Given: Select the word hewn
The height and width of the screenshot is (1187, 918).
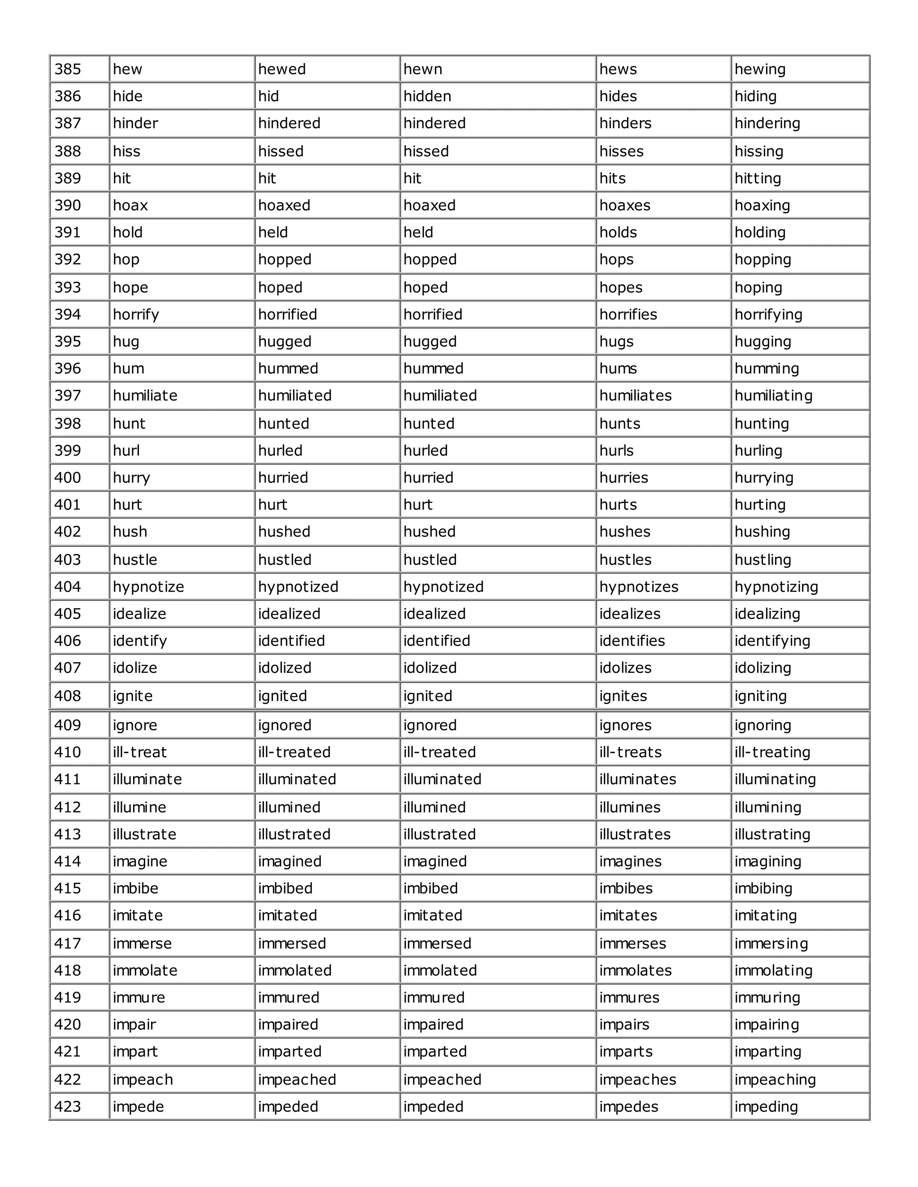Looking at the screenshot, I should [423, 69].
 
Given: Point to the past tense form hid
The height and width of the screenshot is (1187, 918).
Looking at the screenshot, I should [268, 97].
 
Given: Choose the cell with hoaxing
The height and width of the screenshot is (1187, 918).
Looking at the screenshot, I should [762, 206].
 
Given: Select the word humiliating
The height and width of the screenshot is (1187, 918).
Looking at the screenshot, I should [773, 396].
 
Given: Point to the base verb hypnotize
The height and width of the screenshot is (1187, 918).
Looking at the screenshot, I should [148, 587].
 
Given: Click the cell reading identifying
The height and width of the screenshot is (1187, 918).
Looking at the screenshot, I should [772, 641].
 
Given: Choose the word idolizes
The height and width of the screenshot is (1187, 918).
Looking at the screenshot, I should [625, 668].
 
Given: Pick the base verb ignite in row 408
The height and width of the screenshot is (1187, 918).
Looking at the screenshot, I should [133, 696].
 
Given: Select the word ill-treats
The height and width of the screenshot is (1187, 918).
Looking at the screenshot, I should [630, 752].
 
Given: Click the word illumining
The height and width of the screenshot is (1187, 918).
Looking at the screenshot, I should [768, 808].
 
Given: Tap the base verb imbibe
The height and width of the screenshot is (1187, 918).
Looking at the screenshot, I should [135, 889].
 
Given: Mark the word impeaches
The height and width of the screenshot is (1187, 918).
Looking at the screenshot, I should [637, 1079].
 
